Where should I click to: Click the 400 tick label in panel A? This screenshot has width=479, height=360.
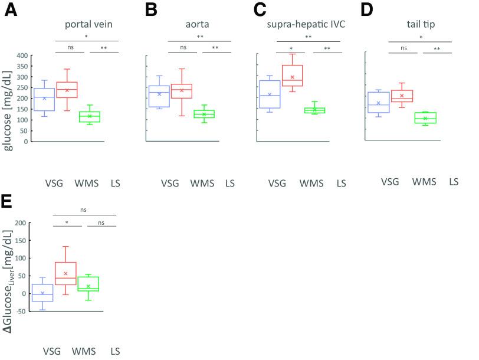[21, 55]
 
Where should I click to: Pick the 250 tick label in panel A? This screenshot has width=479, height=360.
[21, 88]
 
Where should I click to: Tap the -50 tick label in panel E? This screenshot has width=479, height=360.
[21, 311]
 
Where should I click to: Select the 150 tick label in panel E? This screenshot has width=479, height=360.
[21, 240]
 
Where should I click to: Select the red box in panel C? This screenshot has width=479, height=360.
[293, 76]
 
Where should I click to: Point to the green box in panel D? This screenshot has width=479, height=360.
[425, 117]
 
